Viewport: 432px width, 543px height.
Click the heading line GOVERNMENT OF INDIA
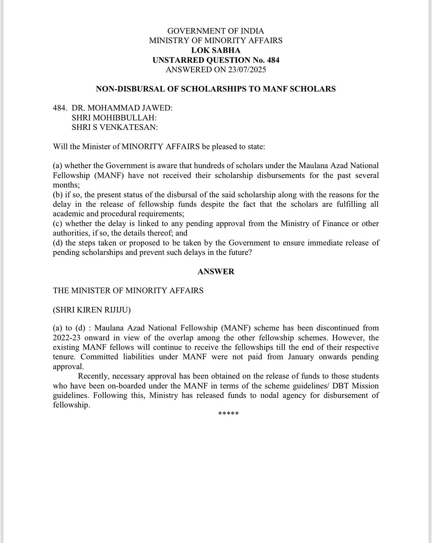click(216, 31)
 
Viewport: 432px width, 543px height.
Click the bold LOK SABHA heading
click(216, 50)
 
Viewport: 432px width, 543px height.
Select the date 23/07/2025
click(247, 69)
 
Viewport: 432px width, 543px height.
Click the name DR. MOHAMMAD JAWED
click(122, 108)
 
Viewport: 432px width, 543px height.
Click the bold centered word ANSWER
click(216, 271)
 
